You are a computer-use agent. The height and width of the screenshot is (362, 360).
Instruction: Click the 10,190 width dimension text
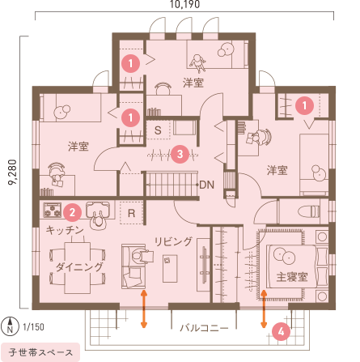184,5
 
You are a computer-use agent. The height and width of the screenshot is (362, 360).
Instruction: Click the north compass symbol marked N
9,327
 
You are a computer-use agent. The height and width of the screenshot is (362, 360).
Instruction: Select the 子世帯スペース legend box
40,352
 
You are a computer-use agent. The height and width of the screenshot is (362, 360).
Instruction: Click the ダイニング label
79,266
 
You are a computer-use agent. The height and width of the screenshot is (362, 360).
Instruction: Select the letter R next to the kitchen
131,213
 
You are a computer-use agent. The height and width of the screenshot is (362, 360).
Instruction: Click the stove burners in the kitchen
52,212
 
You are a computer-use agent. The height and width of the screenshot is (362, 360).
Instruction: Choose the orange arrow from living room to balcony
144,309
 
